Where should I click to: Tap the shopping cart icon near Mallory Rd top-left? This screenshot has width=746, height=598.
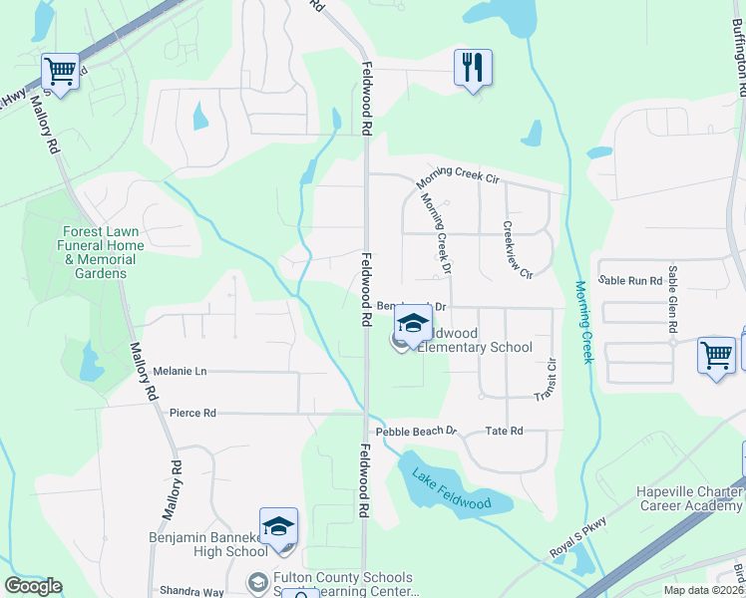click(61, 72)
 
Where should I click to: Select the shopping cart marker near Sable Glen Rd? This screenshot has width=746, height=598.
click(716, 356)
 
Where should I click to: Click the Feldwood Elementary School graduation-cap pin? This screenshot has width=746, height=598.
click(412, 324)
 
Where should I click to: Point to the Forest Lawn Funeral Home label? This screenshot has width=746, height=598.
click(99, 245)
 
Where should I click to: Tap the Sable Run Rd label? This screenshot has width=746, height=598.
click(629, 281)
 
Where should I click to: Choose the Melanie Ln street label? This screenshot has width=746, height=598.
click(180, 371)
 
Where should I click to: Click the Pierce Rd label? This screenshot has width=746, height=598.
click(192, 413)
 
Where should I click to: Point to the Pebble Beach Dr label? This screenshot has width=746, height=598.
click(416, 432)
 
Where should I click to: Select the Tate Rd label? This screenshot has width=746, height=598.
click(504, 432)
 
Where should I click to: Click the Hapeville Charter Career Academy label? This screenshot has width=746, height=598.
click(690, 499)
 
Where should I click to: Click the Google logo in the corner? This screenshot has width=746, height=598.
click(33, 586)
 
